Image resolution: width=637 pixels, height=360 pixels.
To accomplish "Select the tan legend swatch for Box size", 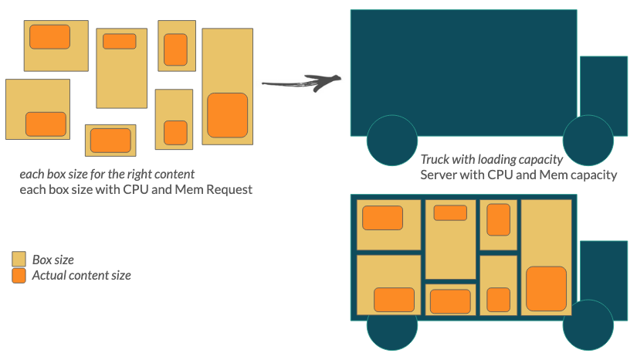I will pos(19,260).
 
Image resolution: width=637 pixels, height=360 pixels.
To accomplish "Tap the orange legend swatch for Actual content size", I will pos(19,275).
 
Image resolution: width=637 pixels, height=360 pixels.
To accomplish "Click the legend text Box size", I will pos(53,260).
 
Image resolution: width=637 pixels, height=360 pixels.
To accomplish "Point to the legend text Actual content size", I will pos(81,275).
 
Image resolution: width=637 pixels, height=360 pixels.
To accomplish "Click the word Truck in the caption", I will pos(436,160).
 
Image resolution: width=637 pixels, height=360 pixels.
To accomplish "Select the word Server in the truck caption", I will pos(439,175).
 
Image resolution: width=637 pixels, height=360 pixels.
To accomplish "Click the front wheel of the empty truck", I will pos(588,141).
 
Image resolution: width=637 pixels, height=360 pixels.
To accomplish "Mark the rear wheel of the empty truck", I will pos(392,141).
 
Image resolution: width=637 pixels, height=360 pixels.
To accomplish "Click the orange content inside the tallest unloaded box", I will pos(227,115).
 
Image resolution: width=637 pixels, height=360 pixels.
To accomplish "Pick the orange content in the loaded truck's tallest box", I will pos(546,288).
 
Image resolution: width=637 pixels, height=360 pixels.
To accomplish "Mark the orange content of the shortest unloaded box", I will pos(110,141).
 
